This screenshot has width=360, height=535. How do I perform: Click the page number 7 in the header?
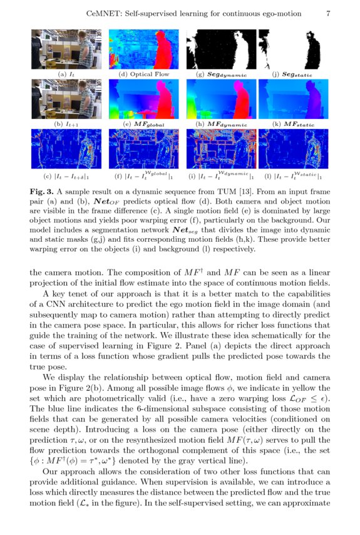click(x=329, y=13)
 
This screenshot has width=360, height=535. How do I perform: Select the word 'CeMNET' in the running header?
click(x=103, y=13)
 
